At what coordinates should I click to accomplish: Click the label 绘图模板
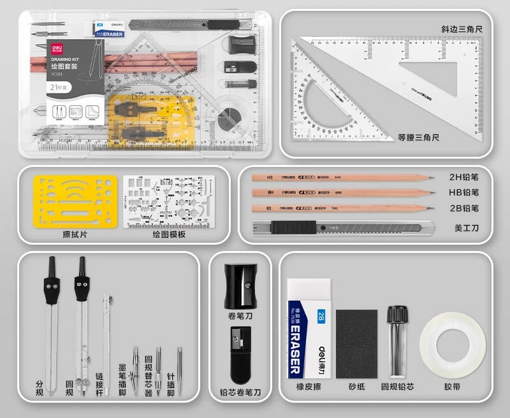point(169,234)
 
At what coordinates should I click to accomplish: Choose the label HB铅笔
point(463,192)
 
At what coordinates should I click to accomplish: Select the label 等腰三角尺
point(419,138)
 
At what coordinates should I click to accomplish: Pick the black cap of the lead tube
point(398,313)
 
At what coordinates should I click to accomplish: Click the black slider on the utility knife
point(295,226)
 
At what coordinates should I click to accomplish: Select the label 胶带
point(453,386)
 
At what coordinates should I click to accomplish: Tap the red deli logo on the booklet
point(55,47)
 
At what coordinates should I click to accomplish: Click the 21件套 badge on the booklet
point(58,87)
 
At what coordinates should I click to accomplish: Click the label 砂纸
point(356,386)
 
